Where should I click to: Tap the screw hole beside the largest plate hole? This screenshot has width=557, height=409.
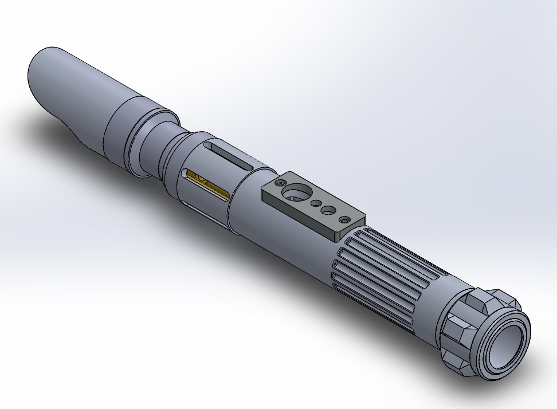[x=280, y=183]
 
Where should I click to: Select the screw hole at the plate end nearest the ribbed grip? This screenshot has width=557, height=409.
[x=344, y=219]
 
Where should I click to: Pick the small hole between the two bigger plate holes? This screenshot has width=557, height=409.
[x=315, y=203]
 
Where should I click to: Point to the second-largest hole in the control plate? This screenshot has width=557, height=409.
[x=328, y=211]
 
